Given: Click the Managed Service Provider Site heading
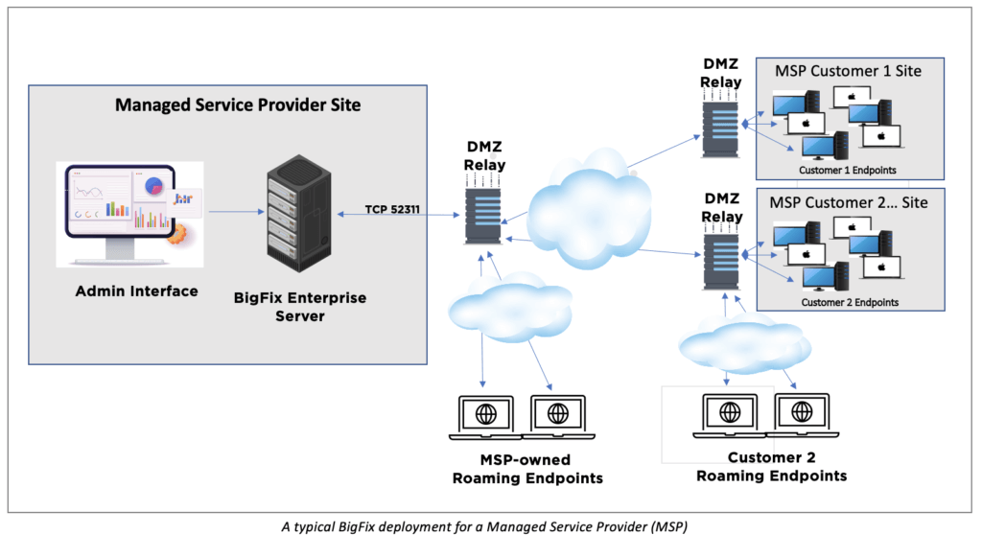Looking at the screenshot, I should (238, 104).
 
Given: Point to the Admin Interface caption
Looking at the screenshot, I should (137, 290).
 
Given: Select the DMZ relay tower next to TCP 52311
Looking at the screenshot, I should (482, 214).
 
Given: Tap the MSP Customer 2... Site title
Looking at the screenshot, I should (849, 202).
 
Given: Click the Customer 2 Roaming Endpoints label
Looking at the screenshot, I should (771, 466).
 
